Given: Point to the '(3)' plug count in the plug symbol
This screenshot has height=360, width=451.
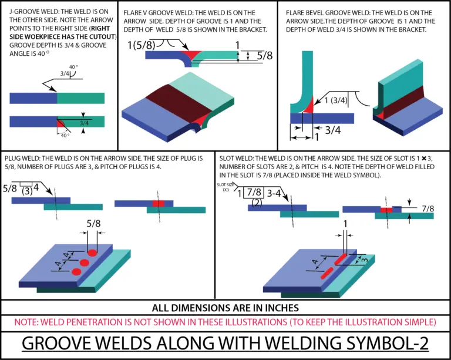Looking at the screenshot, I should [26, 191].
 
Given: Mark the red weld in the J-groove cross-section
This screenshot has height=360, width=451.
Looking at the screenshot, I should [60, 123].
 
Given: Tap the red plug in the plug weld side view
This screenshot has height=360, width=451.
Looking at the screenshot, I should [157, 203].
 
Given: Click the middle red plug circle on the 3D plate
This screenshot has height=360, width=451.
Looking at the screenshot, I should [84, 263].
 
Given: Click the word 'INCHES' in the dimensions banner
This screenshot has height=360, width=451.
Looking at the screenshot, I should [278, 308].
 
